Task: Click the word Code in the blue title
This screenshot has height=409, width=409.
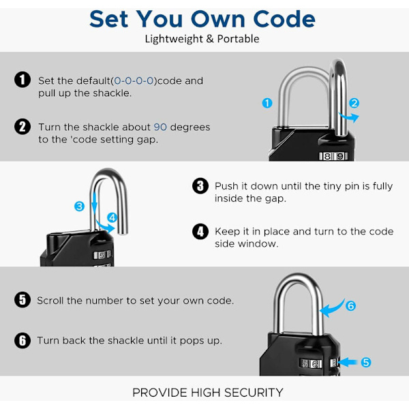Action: pyautogui.click(x=284, y=19)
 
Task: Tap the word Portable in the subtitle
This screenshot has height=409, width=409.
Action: pyautogui.click(x=238, y=39)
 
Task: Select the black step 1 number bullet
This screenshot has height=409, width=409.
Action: pyautogui.click(x=22, y=80)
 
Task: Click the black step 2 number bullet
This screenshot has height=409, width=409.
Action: pyautogui.click(x=22, y=127)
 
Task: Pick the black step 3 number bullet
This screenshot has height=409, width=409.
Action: pyautogui.click(x=200, y=186)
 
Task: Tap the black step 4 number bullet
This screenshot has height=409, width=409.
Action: pyautogui.click(x=200, y=231)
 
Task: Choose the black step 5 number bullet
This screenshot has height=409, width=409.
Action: pyautogui.click(x=22, y=300)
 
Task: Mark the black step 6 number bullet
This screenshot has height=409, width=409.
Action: pyautogui.click(x=22, y=340)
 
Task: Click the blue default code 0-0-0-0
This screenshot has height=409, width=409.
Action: pyautogui.click(x=134, y=81)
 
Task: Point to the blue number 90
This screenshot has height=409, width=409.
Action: pyautogui.click(x=160, y=127)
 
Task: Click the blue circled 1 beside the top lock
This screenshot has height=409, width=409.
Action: pyautogui.click(x=267, y=103)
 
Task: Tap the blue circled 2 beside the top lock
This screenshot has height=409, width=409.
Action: pyautogui.click(x=354, y=103)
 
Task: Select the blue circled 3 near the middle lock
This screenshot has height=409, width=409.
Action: pyautogui.click(x=79, y=207)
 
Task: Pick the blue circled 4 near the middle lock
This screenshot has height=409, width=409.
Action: pyautogui.click(x=112, y=217)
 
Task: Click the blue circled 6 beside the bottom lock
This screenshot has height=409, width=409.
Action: pyautogui.click(x=350, y=305)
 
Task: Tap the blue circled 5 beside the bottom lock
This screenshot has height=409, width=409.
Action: pyautogui.click(x=365, y=363)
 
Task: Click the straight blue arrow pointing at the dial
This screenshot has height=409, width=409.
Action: pyautogui.click(x=348, y=363)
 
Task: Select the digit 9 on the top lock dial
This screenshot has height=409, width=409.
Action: pyautogui.click(x=340, y=156)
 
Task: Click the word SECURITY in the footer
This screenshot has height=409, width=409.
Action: pyautogui.click(x=254, y=393)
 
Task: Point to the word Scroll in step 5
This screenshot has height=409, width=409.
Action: pyautogui.click(x=50, y=301)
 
